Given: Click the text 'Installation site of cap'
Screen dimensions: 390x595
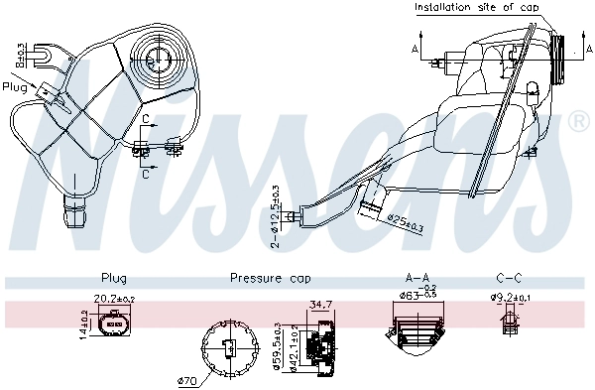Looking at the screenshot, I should pyautogui.click(x=476, y=7).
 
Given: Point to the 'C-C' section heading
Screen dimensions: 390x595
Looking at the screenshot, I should pyautogui.click(x=510, y=279).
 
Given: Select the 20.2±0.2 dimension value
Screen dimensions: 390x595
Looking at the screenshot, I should pyautogui.click(x=114, y=298).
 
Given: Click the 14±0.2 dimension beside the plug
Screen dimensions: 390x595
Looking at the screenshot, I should pyautogui.click(x=83, y=323).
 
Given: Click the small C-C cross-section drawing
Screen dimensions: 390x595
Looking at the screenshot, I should pyautogui.click(x=511, y=324).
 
